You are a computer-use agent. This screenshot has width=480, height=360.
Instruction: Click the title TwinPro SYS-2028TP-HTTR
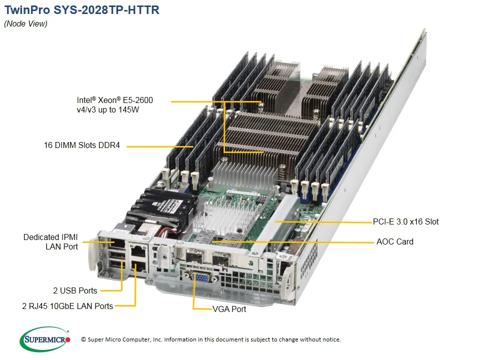click(82, 10)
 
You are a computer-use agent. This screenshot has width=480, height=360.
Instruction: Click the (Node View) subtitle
click(26, 24)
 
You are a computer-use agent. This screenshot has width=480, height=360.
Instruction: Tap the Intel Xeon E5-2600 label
click(115, 104)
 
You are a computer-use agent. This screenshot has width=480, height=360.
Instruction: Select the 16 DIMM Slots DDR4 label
click(82, 146)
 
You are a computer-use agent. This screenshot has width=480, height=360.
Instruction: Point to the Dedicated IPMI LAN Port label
click(50, 241)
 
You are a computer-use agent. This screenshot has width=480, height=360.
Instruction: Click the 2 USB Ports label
click(75, 290)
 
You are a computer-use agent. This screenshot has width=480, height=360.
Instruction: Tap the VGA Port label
click(229, 309)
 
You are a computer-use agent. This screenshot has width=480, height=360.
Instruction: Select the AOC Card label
click(394, 241)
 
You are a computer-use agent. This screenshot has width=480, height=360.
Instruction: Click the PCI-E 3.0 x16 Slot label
click(405, 221)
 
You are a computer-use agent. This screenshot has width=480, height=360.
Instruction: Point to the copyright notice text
click(210, 339)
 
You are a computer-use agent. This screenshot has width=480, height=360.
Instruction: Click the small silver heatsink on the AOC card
click(230, 218)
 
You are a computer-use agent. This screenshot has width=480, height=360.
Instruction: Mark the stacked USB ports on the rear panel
click(117, 260)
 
